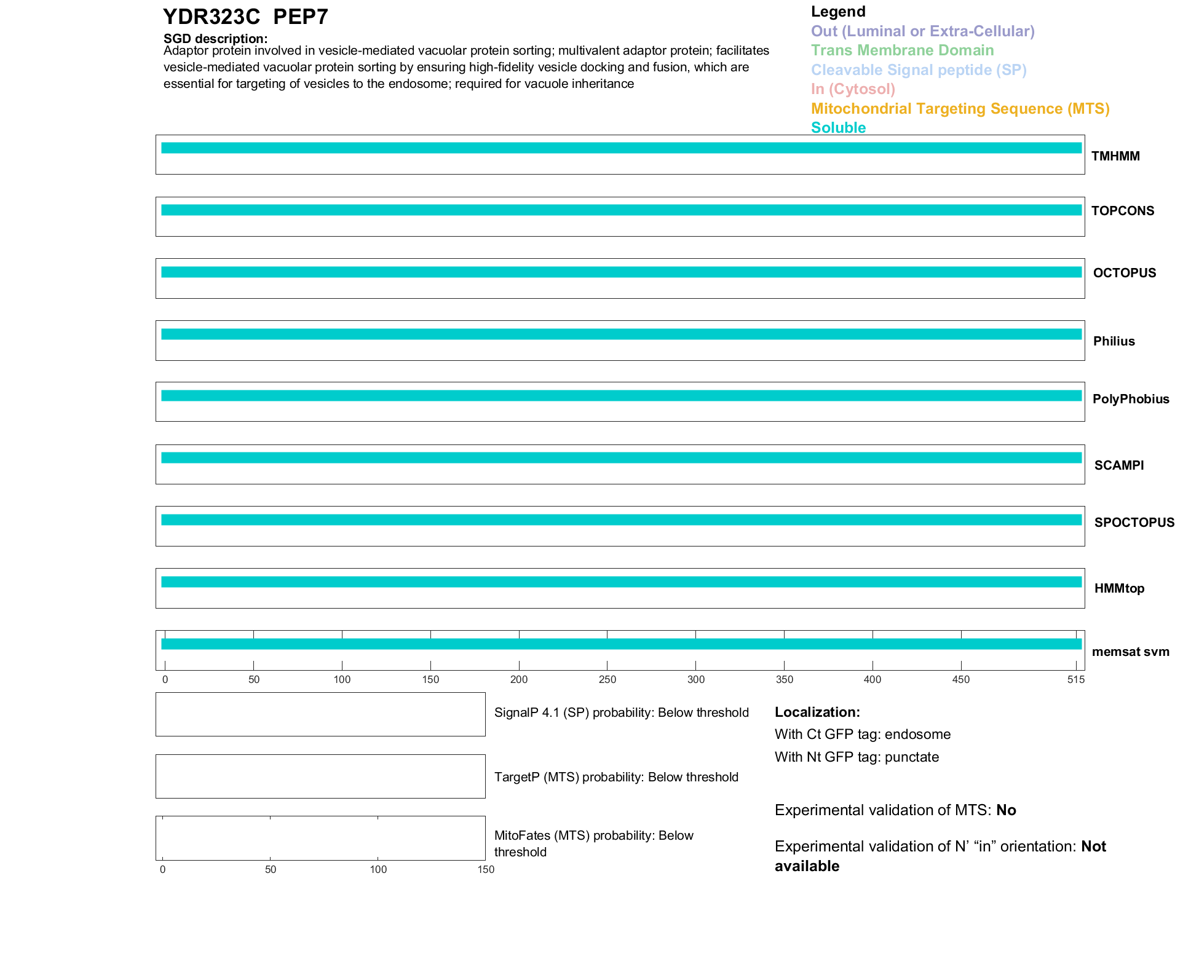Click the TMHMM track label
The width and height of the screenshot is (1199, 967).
click(1115, 156)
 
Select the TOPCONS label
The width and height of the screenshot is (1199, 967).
click(1122, 211)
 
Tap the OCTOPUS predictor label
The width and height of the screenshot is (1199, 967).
click(1124, 273)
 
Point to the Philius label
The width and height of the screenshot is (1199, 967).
click(1114, 341)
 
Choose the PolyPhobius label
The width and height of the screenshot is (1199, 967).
click(1130, 399)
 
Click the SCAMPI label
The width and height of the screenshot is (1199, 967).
click(1118, 465)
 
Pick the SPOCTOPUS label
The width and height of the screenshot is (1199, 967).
click(1134, 523)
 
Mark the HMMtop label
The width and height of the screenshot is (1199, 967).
click(1119, 588)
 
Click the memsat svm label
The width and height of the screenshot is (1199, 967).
click(1130, 652)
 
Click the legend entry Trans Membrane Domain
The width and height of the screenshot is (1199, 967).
click(902, 50)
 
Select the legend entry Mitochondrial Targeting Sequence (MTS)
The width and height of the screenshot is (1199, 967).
click(960, 109)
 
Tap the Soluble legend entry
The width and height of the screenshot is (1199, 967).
click(838, 128)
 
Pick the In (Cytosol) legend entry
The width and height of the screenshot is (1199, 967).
click(853, 89)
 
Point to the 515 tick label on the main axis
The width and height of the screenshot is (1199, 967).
click(1075, 679)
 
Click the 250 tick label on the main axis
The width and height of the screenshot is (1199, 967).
click(607, 679)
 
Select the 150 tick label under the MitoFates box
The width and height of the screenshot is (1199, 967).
click(485, 869)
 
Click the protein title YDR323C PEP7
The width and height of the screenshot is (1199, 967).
click(245, 17)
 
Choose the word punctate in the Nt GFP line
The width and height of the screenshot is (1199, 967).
click(911, 757)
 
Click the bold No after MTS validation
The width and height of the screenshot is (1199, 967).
click(1006, 810)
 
